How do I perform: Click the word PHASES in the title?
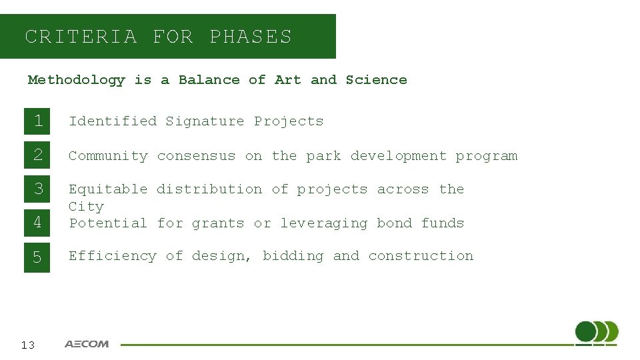[x=251, y=37]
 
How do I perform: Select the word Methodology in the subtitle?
[x=76, y=80]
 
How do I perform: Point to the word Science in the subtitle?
[x=376, y=80]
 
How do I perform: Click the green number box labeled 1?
[x=37, y=121]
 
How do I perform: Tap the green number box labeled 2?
[x=37, y=155]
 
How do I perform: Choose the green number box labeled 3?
[x=37, y=189]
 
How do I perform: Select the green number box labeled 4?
[x=37, y=223]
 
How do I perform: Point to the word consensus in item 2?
[x=196, y=156]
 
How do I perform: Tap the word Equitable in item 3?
[x=108, y=189]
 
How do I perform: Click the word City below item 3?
[x=86, y=207]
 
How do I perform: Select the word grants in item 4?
[x=218, y=223]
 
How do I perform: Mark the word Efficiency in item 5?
[x=112, y=256]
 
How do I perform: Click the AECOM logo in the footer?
[x=87, y=344]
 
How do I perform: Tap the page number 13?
[x=28, y=345]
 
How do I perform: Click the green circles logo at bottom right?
[x=597, y=332]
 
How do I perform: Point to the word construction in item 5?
[x=421, y=256]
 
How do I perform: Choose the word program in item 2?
[x=486, y=156]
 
